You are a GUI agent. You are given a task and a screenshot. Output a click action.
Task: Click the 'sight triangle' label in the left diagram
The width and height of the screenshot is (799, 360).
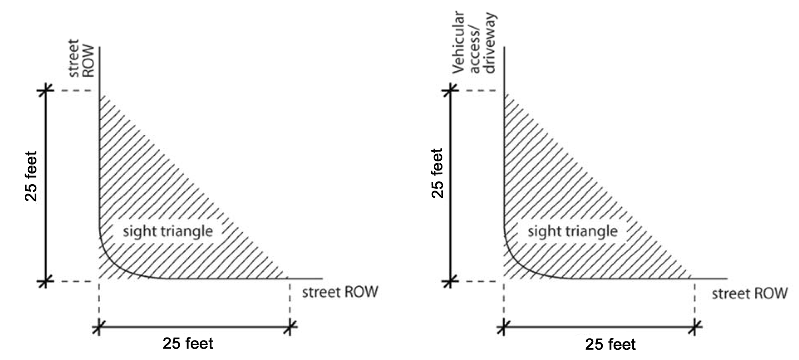pyautogui.click(x=168, y=231)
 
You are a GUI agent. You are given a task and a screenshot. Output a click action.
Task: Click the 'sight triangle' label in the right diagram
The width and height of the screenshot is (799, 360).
pyautogui.click(x=572, y=231)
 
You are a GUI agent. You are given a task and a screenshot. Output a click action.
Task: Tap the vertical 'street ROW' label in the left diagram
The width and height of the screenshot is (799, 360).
pyautogui.click(x=81, y=58)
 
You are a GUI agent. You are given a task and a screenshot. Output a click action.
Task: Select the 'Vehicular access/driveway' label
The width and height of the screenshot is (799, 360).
pyautogui.click(x=474, y=42)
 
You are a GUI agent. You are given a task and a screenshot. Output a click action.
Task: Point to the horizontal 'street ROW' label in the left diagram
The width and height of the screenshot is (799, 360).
pyautogui.click(x=340, y=292)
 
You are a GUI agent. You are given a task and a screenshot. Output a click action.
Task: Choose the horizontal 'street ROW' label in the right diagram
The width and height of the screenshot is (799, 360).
pyautogui.click(x=749, y=294)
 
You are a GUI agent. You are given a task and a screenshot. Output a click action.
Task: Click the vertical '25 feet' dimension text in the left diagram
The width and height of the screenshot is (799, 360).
pyautogui.click(x=31, y=176)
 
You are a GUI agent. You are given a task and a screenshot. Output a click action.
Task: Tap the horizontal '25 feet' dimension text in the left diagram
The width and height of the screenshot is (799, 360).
pyautogui.click(x=188, y=343)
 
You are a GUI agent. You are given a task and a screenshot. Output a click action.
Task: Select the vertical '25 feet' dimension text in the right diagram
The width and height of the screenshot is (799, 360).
pyautogui.click(x=438, y=173)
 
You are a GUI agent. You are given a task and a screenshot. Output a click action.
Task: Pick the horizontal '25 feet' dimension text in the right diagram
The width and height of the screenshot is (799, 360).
pyautogui.click(x=610, y=344)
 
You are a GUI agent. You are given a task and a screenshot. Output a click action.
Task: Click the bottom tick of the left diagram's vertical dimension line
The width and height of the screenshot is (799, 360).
pyautogui.click(x=45, y=282)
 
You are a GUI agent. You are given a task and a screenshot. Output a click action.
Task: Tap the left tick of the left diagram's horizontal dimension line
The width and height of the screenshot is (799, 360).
pyautogui.click(x=99, y=327)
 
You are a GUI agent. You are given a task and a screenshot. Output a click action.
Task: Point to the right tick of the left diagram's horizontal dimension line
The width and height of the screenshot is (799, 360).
pyautogui.click(x=290, y=327)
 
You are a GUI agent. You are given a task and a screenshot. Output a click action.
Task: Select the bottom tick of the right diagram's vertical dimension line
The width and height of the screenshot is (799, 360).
pyautogui.click(x=450, y=282)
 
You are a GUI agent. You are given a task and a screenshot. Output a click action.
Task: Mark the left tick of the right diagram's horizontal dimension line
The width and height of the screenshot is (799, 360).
pyautogui.click(x=503, y=327)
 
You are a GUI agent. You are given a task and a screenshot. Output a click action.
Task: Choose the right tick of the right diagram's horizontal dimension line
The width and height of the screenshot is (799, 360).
pyautogui.click(x=695, y=327)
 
